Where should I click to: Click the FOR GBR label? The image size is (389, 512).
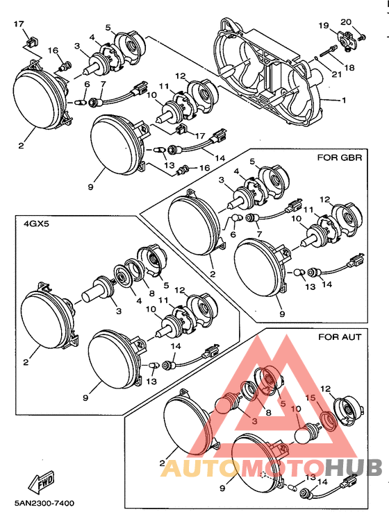340,157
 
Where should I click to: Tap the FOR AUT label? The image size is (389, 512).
340,336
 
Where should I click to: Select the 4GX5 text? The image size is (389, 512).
36,224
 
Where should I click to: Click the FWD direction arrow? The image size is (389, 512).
41,483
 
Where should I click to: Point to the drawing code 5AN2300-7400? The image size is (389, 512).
44,503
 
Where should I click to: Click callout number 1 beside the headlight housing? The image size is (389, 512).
344,100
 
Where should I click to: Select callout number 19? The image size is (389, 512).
324,25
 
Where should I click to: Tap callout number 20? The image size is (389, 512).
346,22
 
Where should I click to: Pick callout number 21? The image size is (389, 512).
336,74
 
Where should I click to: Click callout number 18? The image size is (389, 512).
349,67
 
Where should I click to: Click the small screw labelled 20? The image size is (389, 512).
362,37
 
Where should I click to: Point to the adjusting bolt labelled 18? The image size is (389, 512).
327,51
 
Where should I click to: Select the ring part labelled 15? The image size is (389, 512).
328,420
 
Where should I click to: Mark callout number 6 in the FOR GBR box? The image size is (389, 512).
233,234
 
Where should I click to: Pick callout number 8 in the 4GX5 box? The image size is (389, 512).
151,293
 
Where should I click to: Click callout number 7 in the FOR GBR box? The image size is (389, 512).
260,234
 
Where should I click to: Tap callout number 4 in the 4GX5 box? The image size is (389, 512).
139,300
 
